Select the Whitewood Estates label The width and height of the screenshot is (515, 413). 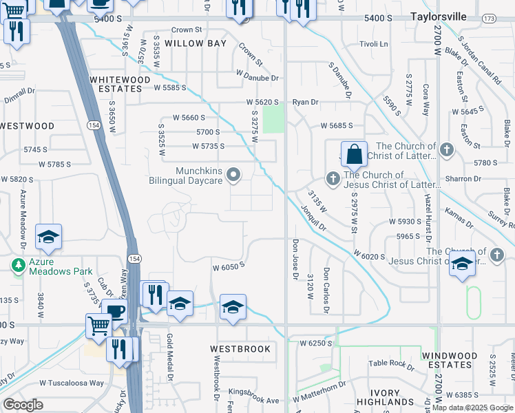coord(120,84)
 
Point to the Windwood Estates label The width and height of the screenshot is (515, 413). coord(449,360)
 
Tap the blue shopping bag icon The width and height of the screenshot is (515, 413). coord(354,155)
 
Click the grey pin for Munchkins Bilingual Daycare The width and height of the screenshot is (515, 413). coord(233,175)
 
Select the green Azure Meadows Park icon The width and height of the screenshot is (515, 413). coord(16,264)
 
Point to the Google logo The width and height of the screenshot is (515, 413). coord(23,405)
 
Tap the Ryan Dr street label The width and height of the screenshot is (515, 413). coord(305,102)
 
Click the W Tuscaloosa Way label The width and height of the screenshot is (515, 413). coord(72,383)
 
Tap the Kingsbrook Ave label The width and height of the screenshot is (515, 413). coord(255,400)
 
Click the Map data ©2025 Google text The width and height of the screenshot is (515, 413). coord(472,407)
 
